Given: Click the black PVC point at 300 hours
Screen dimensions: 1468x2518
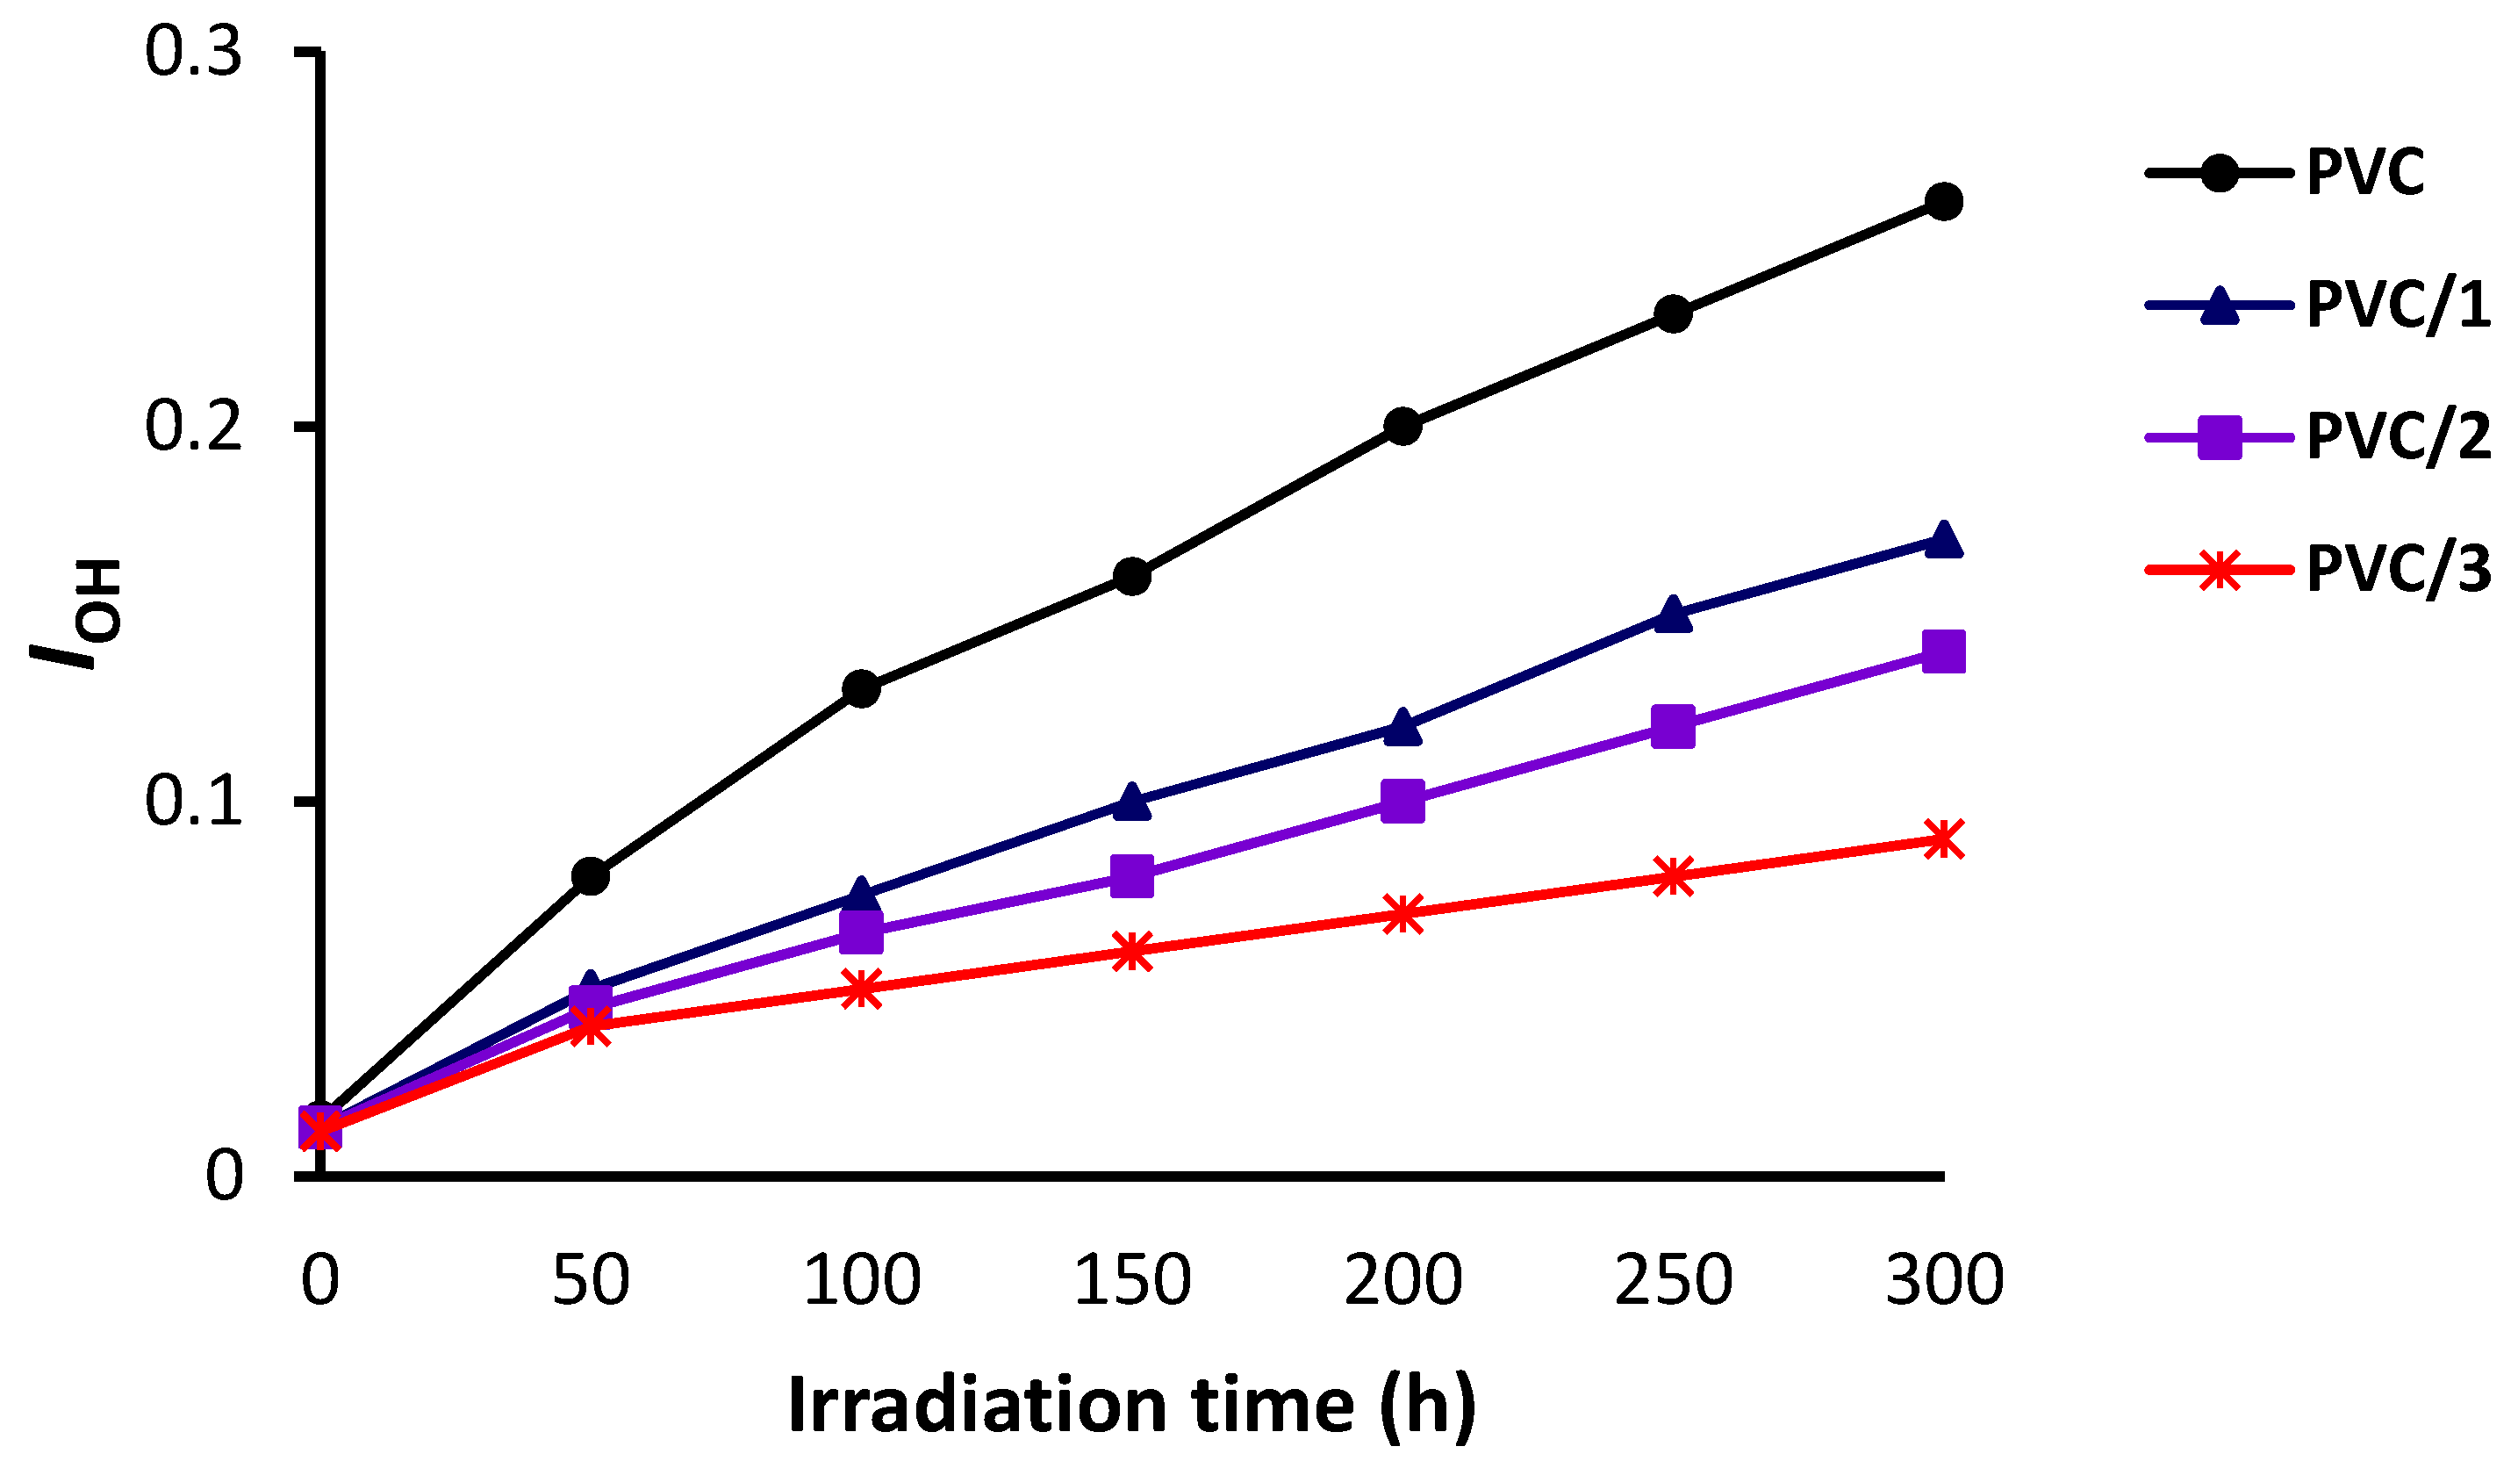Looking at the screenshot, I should click(1943, 202).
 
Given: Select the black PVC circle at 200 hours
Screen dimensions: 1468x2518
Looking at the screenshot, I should click(1402, 427).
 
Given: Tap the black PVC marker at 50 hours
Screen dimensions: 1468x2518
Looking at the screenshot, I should click(591, 876).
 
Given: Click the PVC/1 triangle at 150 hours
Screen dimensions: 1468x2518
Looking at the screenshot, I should click(1132, 802).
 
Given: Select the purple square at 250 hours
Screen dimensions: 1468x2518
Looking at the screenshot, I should click(1674, 726).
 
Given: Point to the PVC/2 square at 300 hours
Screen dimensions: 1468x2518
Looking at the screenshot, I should click(1943, 652).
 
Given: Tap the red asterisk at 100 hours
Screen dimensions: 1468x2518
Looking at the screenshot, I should click(861, 989).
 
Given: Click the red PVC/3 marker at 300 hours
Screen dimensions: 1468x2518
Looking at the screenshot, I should click(1943, 839).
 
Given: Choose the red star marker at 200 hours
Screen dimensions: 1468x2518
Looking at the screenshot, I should click(1402, 914).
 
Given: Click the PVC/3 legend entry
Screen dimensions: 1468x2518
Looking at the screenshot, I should click(2397, 571).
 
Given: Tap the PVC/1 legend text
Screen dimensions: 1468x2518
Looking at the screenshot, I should click(2397, 305).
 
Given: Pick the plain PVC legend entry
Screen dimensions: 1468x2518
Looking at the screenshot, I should click(2364, 173).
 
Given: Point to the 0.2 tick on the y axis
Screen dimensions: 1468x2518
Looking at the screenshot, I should click(194, 427).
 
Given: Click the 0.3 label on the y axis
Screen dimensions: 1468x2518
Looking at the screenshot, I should click(194, 52).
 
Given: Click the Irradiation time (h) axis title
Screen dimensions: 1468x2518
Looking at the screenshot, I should click(1131, 1406).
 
